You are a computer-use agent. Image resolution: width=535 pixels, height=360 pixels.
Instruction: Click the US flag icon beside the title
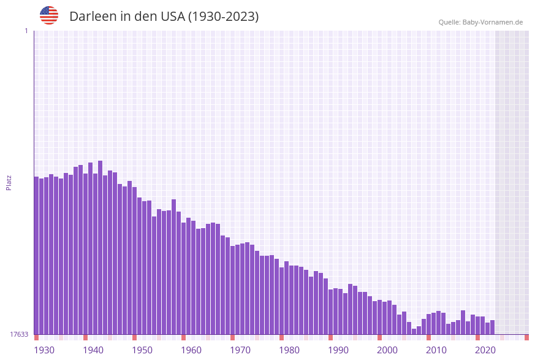[49, 15]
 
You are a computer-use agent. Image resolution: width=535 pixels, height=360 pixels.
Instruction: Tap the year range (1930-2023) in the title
[223, 17]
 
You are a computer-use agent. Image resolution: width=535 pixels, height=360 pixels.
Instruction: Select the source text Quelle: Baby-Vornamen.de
[480, 22]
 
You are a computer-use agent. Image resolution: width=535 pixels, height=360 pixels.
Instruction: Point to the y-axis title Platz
[9, 182]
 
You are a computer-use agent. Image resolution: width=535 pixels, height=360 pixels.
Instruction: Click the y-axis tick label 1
[26, 31]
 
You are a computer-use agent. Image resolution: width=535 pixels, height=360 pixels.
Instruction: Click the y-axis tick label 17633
[19, 334]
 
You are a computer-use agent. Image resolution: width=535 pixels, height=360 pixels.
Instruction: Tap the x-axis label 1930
[44, 350]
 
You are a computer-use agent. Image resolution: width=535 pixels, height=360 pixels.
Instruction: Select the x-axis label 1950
[142, 350]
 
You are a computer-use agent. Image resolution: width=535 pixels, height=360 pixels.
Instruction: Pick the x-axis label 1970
[240, 350]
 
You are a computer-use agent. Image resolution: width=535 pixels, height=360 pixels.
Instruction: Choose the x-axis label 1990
[338, 350]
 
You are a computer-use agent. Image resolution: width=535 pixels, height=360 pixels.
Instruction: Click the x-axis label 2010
[436, 350]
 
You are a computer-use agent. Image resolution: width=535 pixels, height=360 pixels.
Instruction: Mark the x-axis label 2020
[485, 350]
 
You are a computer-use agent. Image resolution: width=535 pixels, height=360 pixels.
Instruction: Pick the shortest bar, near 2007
[414, 331]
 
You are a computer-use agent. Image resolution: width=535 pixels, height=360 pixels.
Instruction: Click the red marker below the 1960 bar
[183, 337]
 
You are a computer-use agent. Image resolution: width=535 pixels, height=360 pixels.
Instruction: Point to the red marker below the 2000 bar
[379, 337]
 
